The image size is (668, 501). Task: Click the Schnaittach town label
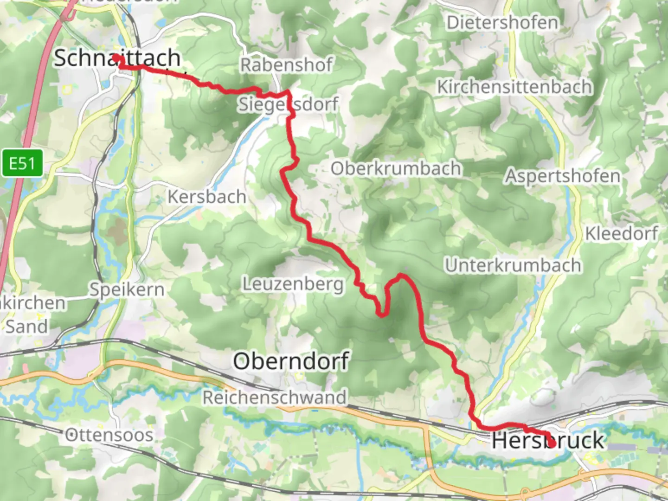click(117, 58)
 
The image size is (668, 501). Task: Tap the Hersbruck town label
click(548, 440)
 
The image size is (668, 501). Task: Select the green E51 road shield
click(22, 163)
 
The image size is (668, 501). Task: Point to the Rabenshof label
click(286, 65)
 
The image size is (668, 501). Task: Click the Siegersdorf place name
click(288, 104)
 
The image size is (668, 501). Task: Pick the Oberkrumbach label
click(396, 168)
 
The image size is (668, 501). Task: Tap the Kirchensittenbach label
click(514, 87)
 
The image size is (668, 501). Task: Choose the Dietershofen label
click(502, 23)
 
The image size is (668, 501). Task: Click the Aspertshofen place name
click(562, 176)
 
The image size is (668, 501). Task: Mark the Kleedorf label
click(621, 233)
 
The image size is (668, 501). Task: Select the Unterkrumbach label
click(513, 265)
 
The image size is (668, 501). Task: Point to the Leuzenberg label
click(293, 283)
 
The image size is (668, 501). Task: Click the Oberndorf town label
click(291, 361)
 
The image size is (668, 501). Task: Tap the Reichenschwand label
click(275, 398)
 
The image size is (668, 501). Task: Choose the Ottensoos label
click(109, 435)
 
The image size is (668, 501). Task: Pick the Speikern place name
click(127, 289)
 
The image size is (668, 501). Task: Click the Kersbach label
click(206, 197)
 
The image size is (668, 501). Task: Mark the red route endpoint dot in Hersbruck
click(552, 443)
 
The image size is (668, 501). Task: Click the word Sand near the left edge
click(26, 327)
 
